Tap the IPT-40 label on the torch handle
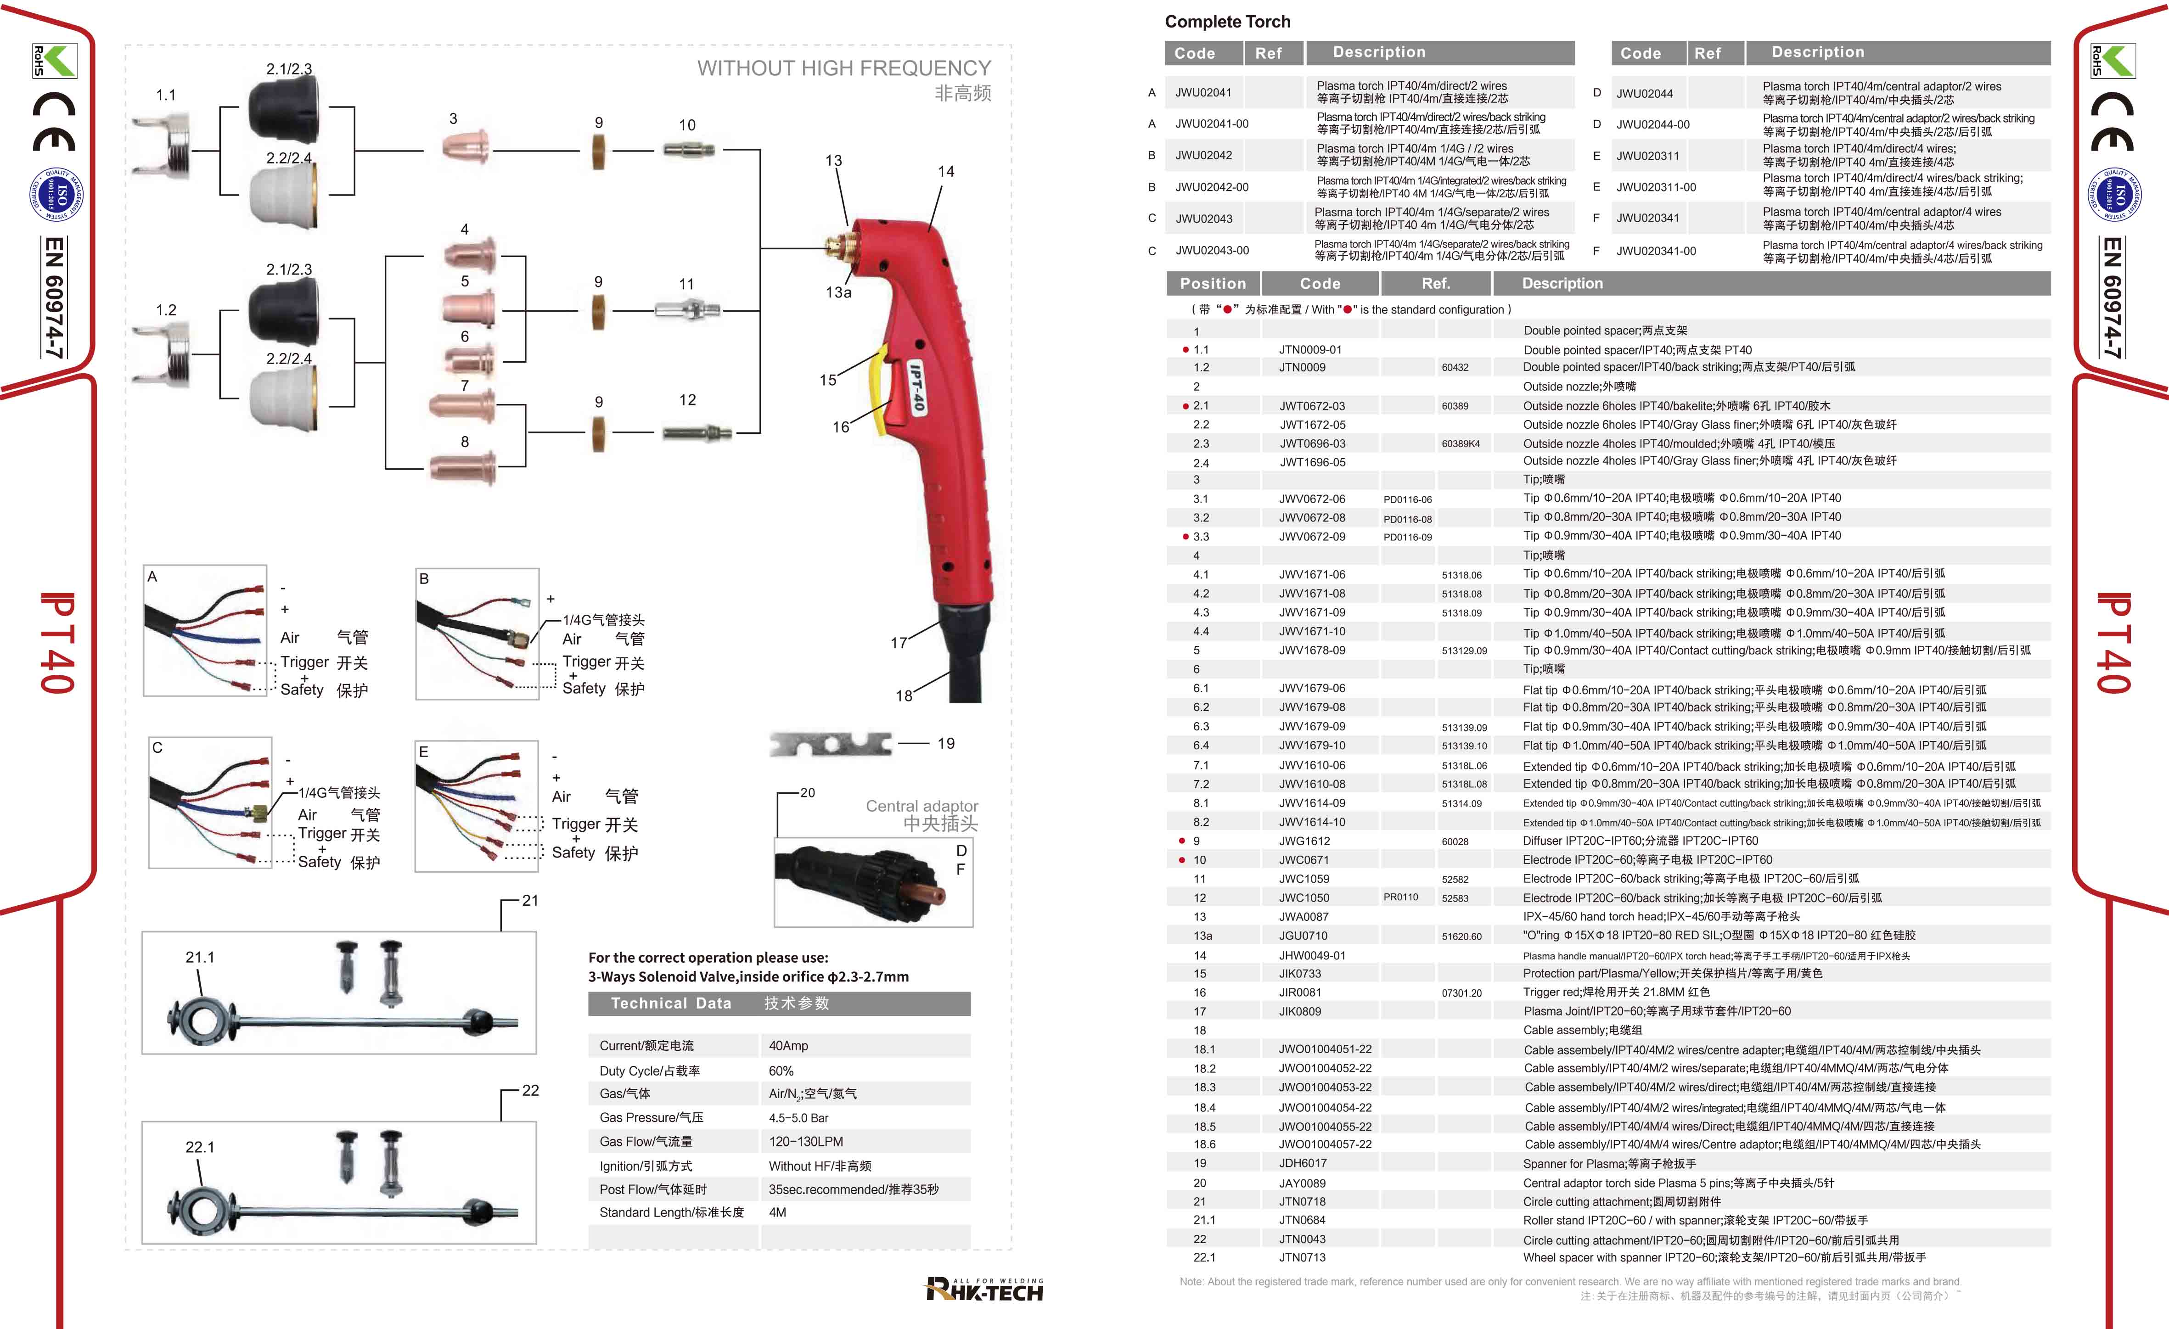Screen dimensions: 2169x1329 click(916, 388)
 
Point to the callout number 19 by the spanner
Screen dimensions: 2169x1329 click(945, 744)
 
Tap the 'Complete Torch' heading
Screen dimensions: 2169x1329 click(1227, 22)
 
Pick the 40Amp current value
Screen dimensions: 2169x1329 click(788, 1046)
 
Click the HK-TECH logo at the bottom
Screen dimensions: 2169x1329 click(984, 1290)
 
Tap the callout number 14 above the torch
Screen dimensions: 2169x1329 click(945, 172)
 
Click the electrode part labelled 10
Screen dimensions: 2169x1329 click(688, 151)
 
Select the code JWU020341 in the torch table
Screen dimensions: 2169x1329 click(1647, 218)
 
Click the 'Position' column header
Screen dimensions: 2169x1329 click(1213, 283)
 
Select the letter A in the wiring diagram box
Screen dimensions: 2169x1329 click(152, 577)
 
